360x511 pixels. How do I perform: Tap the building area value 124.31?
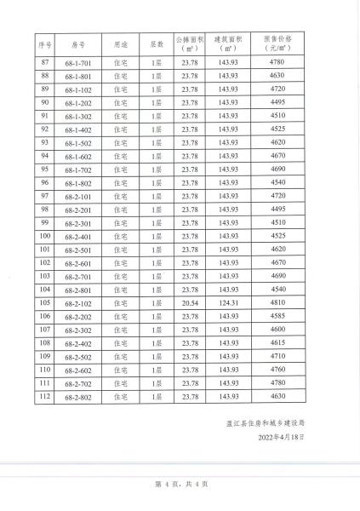(x=228, y=302)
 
